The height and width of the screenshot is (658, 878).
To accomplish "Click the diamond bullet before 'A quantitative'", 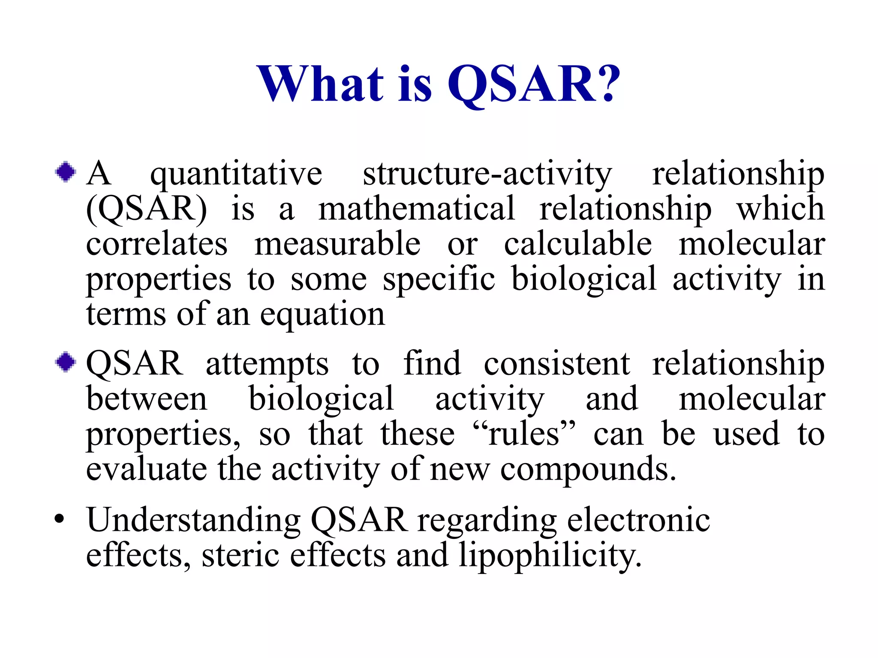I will click(x=66, y=172).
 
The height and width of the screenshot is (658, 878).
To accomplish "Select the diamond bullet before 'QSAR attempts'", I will click(x=66, y=362).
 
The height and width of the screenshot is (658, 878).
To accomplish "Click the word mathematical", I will click(x=416, y=209).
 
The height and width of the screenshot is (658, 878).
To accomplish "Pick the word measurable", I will click(x=337, y=244).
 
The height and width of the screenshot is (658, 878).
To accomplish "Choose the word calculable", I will click(x=578, y=244).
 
